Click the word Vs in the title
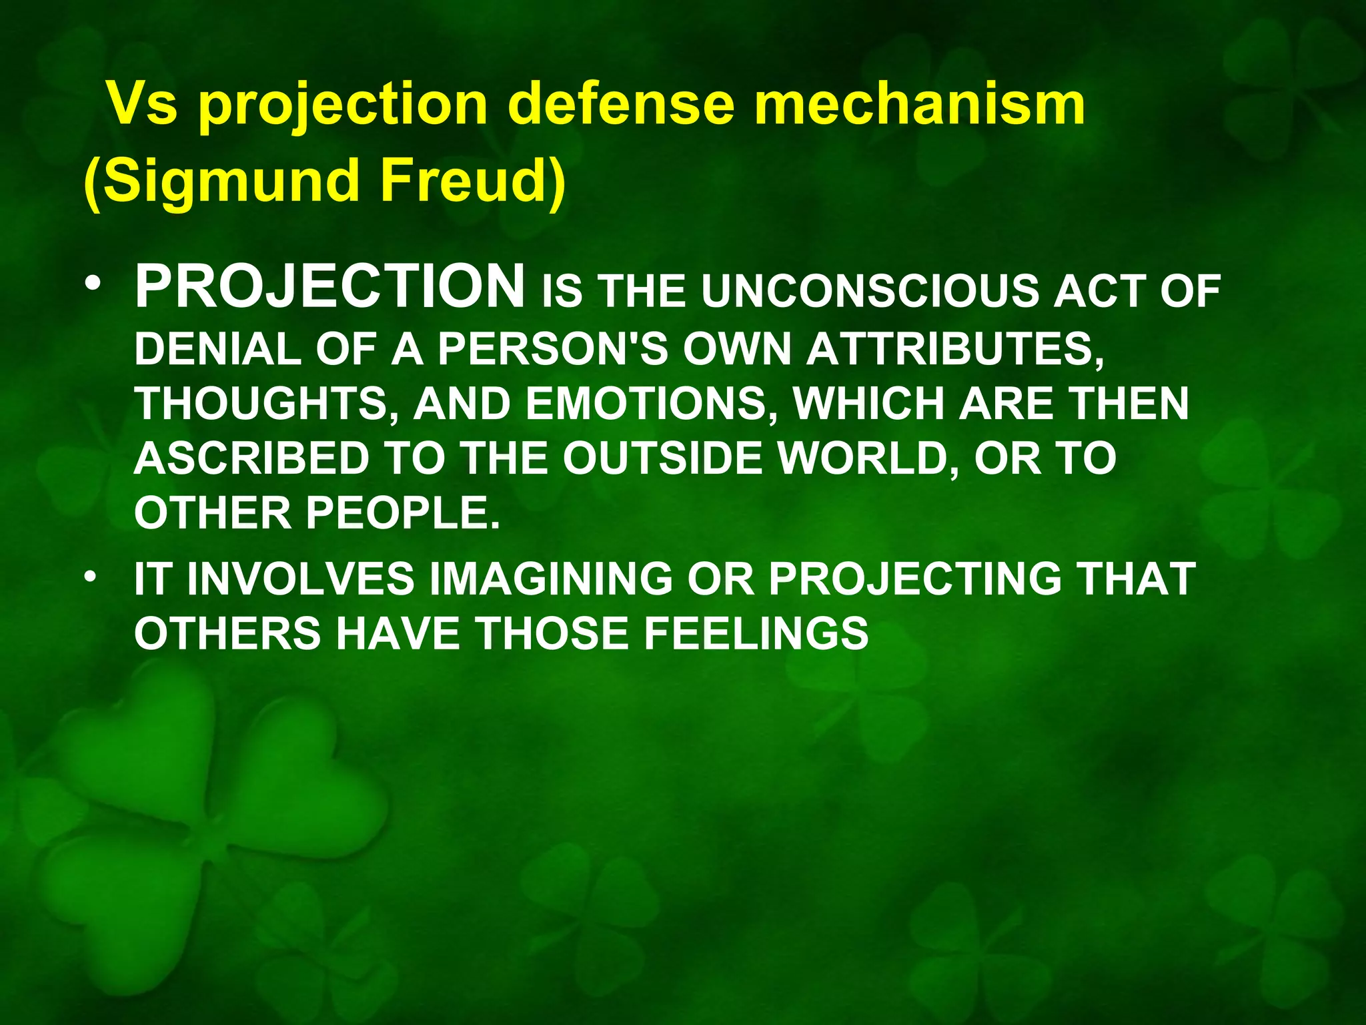pos(143,104)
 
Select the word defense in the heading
pos(620,104)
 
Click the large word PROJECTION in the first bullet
pos(330,287)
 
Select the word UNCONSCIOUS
pos(871,292)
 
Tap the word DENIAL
pos(217,349)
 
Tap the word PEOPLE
pos(403,513)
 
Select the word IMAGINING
pos(551,579)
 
